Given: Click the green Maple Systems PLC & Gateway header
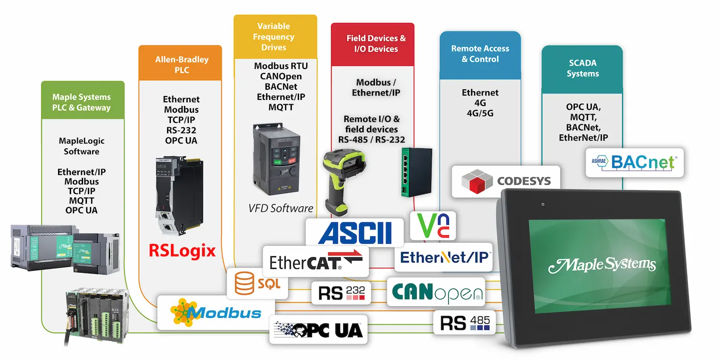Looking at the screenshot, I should [82, 102].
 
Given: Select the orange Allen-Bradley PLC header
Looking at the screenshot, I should [181, 65].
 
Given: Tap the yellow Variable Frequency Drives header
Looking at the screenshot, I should [276, 37].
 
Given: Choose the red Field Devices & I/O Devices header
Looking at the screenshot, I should [376, 44].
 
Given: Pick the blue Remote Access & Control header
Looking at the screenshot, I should [480, 54].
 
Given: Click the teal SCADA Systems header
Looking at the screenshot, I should [583, 68].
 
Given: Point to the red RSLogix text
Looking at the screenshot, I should [182, 251].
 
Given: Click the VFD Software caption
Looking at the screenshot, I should [281, 208].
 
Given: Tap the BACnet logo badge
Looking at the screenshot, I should [635, 162].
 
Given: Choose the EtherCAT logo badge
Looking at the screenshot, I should [316, 262].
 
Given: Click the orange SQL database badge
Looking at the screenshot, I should [257, 283].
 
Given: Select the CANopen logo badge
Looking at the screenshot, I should [436, 292].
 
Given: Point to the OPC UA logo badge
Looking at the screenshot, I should [319, 329].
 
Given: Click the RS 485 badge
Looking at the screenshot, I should [464, 322].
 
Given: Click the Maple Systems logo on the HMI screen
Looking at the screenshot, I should [602, 264].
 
